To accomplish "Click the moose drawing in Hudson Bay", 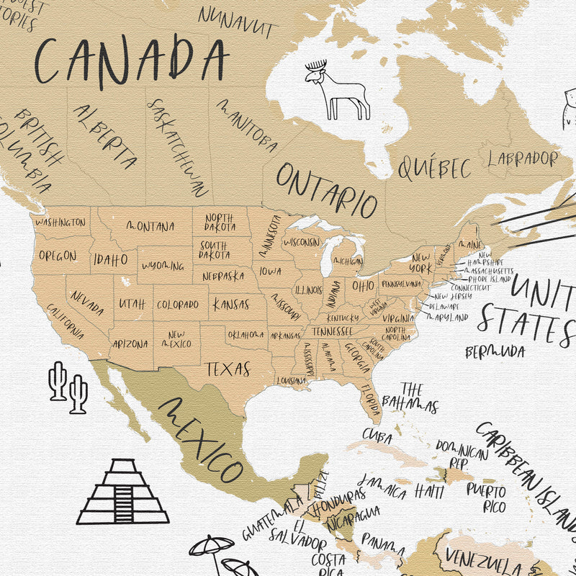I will pyautogui.click(x=337, y=90).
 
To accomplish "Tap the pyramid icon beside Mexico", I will pyautogui.click(x=123, y=492).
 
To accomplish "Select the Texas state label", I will pyautogui.click(x=228, y=369).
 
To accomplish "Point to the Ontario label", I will pyautogui.click(x=327, y=189).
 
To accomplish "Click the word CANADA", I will pyautogui.click(x=132, y=60).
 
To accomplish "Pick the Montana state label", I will pyautogui.click(x=150, y=226).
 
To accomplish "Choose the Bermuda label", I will pyautogui.click(x=495, y=352).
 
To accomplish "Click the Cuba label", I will pyautogui.click(x=377, y=436).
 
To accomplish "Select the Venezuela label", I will pyautogui.click(x=482, y=559).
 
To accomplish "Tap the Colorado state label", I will pyautogui.click(x=177, y=305).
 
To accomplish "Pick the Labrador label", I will pyautogui.click(x=523, y=158).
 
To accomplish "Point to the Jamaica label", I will pyautogui.click(x=382, y=486).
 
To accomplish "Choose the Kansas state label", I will pyautogui.click(x=230, y=304).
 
